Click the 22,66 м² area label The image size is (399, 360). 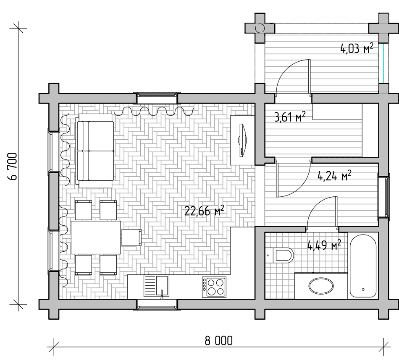point(204,211)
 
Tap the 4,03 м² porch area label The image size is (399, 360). point(357,48)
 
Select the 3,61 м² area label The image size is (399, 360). point(290,117)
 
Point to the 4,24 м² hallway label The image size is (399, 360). point(335,175)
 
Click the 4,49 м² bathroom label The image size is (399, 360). point(324,245)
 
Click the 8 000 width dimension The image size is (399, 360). point(218,341)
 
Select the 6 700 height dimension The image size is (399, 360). point(12,166)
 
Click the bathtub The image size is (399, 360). point(363,266)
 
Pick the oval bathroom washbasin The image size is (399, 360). point(321,285)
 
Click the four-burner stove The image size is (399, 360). point(214,287)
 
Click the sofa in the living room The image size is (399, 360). point(95,151)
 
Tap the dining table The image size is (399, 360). point(96,237)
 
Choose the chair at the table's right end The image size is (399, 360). point(131,237)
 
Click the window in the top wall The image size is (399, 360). point(157,98)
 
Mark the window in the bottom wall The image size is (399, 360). point(157,304)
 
